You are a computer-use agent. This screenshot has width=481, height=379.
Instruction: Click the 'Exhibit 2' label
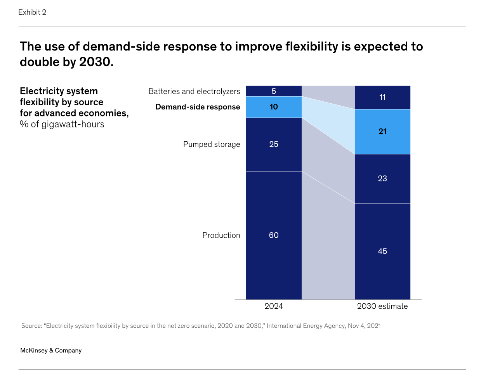[x=32, y=12]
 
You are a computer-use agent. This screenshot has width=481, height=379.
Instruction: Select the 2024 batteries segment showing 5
[x=274, y=91]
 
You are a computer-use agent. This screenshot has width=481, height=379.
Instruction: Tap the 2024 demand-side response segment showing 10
[x=274, y=107]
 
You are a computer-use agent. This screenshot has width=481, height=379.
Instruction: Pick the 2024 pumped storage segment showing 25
[x=274, y=144]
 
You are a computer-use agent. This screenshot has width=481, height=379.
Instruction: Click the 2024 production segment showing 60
[x=274, y=235]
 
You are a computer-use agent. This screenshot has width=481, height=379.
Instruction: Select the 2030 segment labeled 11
[x=382, y=97]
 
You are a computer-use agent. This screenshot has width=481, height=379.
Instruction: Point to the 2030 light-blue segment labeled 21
[x=382, y=132]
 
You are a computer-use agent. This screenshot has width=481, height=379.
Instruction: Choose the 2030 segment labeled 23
[x=382, y=179]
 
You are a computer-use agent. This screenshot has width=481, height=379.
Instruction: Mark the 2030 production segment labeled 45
[x=382, y=251]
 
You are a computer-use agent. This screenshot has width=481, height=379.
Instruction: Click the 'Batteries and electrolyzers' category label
[x=194, y=92]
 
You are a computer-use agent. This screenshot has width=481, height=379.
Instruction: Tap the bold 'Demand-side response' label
[x=198, y=107]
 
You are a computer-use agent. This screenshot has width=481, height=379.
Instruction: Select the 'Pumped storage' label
[x=212, y=144]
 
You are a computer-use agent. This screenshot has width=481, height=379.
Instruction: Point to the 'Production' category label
[x=221, y=235]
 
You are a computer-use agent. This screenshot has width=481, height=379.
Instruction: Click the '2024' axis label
[x=274, y=306]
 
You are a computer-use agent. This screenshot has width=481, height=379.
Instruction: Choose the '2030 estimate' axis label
[x=382, y=306]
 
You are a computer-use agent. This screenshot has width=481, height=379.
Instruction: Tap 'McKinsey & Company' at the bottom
[x=51, y=350]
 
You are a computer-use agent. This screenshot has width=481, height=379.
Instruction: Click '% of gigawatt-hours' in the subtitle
[x=62, y=124]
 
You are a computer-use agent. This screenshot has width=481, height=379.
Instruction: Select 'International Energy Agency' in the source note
[x=306, y=326]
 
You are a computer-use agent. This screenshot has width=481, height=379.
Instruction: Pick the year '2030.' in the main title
[x=96, y=62]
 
